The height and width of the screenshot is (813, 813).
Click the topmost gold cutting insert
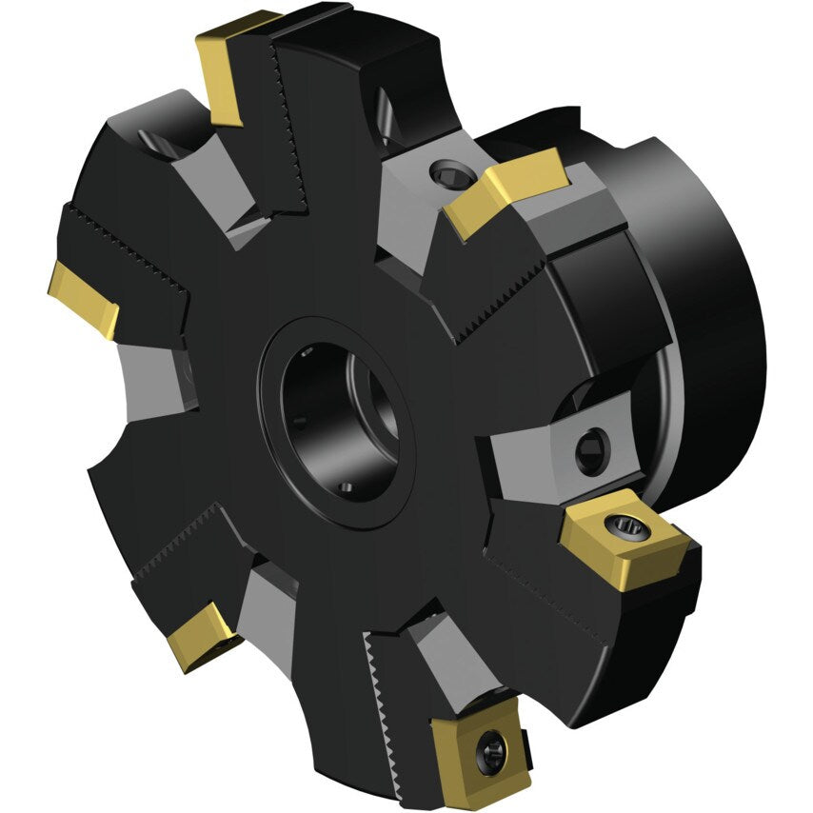(x=228, y=71)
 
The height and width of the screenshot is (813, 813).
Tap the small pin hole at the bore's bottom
(x=347, y=487)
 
